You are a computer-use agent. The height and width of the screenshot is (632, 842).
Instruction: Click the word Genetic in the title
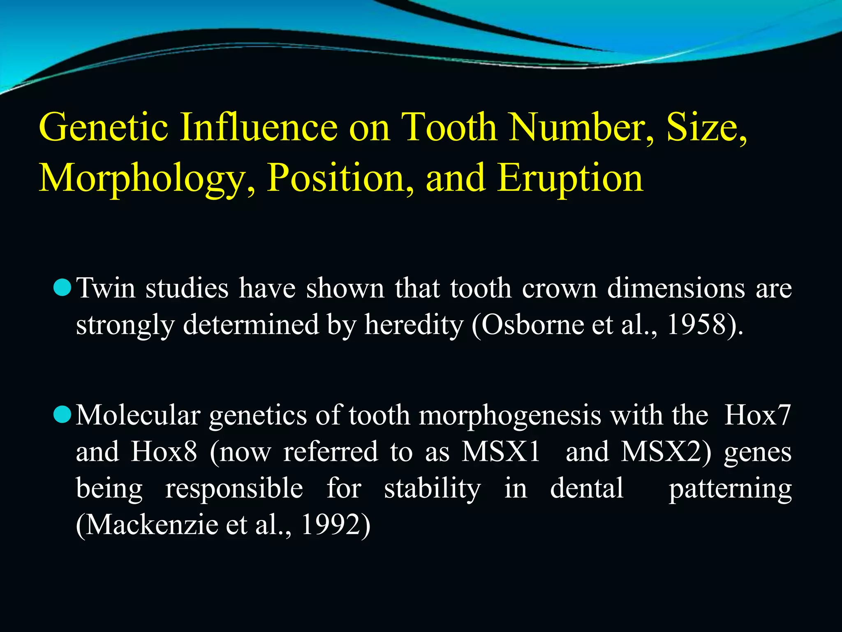coord(103,128)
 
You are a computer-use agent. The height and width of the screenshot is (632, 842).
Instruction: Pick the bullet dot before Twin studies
coord(63,287)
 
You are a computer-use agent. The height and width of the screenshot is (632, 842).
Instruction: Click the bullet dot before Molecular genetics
coord(63,414)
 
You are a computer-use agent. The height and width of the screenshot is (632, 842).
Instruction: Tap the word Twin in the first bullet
coord(106,288)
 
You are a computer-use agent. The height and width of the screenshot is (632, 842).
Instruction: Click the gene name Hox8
coord(164,451)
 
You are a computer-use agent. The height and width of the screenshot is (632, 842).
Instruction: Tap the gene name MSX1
coord(501,451)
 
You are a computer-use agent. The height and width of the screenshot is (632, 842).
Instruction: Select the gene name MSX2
coord(666,451)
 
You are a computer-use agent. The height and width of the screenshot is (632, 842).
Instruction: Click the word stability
coord(432,489)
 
